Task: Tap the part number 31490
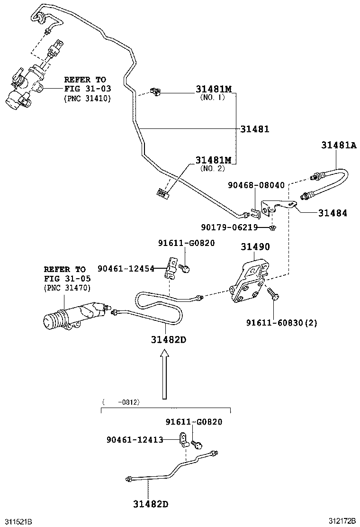tap(255, 247)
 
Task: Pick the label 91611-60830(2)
tap(281, 323)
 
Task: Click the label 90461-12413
tap(135, 440)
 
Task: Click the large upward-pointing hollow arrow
tap(165, 374)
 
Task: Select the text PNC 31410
tap(87, 99)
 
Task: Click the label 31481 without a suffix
tap(254, 129)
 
